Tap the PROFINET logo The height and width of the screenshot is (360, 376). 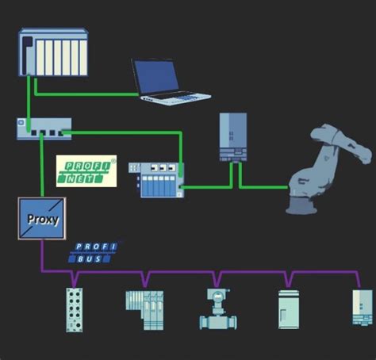pyautogui.click(x=86, y=171)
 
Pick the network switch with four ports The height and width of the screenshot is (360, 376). pyautogui.click(x=44, y=126)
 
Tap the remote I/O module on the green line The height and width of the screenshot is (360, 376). pyautogui.click(x=160, y=180)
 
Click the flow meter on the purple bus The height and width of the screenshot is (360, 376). pyautogui.click(x=215, y=308)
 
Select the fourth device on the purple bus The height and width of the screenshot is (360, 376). pyautogui.click(x=290, y=308)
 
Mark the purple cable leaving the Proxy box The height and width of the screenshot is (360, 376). pyautogui.click(x=41, y=258)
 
